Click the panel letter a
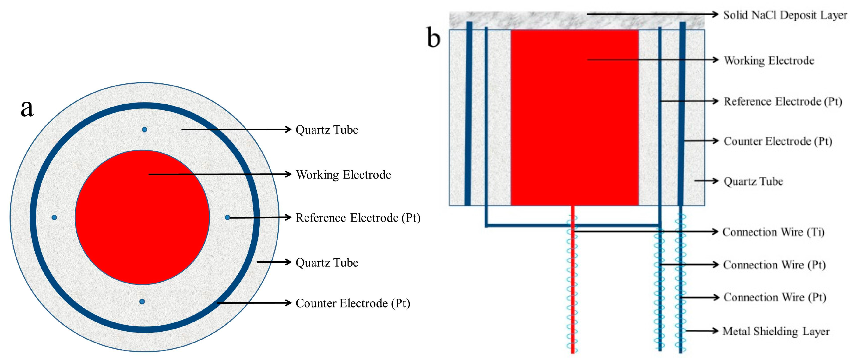pyautogui.click(x=27, y=108)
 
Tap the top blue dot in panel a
pyautogui.click(x=144, y=129)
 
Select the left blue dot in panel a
pyautogui.click(x=54, y=217)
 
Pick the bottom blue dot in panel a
pyautogui.click(x=142, y=301)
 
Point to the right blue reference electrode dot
pyautogui.click(x=227, y=217)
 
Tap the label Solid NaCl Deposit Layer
pyautogui.click(x=785, y=15)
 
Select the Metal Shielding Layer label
pyautogui.click(x=776, y=331)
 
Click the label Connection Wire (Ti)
pyautogui.click(x=773, y=232)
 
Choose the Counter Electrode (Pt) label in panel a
pyautogui.click(x=353, y=303)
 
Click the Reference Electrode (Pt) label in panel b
pyautogui.click(x=782, y=101)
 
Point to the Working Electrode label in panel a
pyautogui.click(x=343, y=174)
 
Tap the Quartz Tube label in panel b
pyautogui.click(x=753, y=181)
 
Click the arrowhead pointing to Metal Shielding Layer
pyautogui.click(x=715, y=331)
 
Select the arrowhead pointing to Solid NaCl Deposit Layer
pyautogui.click(x=715, y=14)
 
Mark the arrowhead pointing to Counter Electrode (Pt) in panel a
pyautogui.click(x=288, y=303)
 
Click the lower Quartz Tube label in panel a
pyautogui.click(x=327, y=263)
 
